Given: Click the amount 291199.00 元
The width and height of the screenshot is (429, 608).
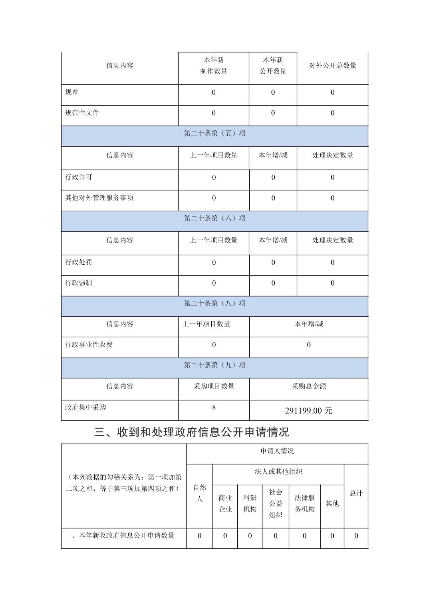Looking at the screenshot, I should pos(308,411).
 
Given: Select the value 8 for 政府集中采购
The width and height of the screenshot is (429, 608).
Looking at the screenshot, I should pos(214,408).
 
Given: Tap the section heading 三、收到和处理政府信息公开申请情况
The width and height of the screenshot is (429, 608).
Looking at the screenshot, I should pos(192,432).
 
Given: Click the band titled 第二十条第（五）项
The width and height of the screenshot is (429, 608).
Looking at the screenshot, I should pos(214,134).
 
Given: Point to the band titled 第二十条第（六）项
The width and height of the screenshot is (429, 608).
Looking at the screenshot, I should pos(214,218).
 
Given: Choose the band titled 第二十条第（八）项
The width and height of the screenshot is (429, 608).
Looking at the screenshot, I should pos(214,304).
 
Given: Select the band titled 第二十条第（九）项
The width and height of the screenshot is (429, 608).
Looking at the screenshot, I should pos(214,365).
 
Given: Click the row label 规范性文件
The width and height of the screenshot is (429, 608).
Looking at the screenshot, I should pos(82,113).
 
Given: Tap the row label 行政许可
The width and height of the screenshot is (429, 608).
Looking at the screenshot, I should pos(79,177).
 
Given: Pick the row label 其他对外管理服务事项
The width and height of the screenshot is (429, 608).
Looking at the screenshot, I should pos(99,198).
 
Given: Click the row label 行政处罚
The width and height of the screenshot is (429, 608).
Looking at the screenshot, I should pos(79,262).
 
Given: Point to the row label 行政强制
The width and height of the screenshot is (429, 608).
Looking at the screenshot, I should pos(79,283).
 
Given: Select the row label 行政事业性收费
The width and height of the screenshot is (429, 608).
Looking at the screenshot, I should pos(89,344).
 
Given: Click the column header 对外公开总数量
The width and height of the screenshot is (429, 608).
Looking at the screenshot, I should pos(332,66).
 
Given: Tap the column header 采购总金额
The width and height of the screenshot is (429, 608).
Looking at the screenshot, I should pos(309,386).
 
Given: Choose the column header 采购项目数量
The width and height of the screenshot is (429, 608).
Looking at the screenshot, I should pos(214,386).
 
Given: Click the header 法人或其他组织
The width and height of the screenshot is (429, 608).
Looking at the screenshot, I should pos(278,472).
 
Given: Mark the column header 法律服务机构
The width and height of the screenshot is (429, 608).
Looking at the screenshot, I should pos(304,504).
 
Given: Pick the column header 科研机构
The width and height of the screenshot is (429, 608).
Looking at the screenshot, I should pos(250,504).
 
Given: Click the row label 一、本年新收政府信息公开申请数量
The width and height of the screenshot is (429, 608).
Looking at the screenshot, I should pos(120,536).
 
